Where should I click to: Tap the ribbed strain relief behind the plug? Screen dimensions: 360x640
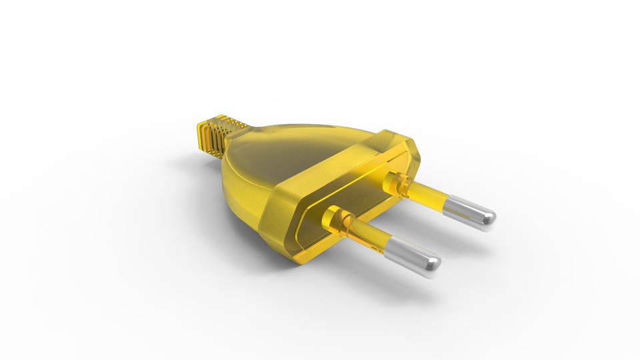(216, 137)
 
